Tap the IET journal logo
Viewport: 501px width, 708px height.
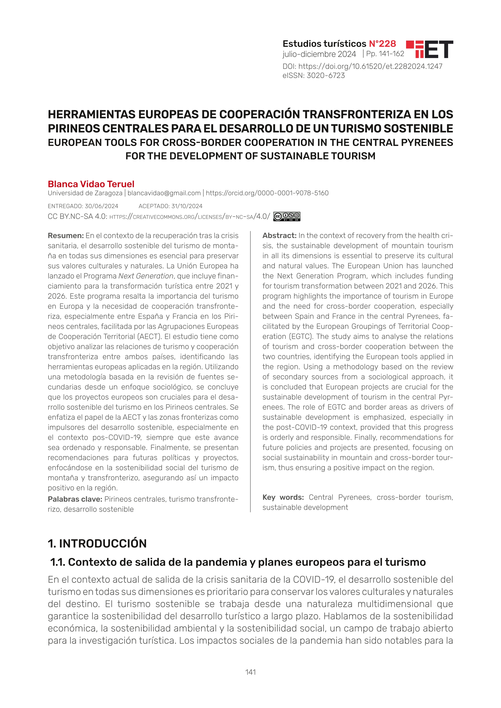click(x=429, y=49)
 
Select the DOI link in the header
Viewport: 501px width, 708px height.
click(x=370, y=66)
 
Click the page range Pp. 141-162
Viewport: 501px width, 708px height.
click(x=385, y=54)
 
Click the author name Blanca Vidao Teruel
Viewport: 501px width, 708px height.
click(x=91, y=184)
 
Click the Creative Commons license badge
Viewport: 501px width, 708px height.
click(x=287, y=216)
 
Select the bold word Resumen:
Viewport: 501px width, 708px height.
click(x=66, y=236)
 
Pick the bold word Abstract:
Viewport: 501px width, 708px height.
click(x=279, y=236)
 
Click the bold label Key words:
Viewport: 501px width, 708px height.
click(x=283, y=497)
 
